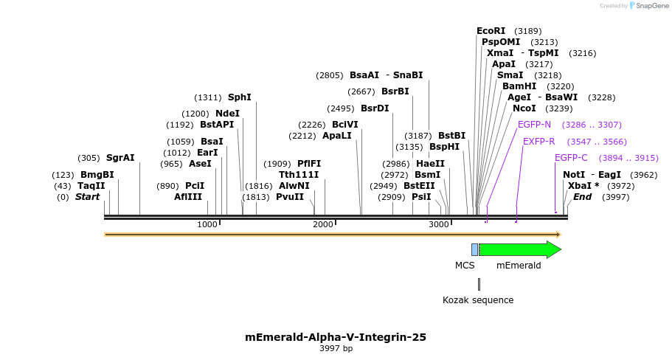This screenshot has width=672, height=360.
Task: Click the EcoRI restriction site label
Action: point(491,31)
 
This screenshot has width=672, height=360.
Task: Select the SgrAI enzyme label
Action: point(120,158)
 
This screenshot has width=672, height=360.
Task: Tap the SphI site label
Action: point(239,97)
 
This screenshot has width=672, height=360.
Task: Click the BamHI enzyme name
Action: point(519,86)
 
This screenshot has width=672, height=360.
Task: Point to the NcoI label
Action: point(524,108)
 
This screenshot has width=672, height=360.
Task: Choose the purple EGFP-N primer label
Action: point(534,125)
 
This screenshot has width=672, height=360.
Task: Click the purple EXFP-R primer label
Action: point(538,142)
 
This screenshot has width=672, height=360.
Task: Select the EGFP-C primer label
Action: point(571,158)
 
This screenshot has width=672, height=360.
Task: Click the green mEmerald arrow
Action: point(520,249)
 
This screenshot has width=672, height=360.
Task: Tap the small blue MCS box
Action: point(474,249)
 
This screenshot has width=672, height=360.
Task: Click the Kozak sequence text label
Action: point(478,300)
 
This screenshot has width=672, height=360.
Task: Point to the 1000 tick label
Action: point(207,224)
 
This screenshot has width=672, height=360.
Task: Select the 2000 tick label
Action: point(323,224)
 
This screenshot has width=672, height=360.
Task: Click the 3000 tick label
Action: point(439,224)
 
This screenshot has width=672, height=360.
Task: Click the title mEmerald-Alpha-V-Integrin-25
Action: point(336,337)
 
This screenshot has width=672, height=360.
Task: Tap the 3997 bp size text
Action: point(336,349)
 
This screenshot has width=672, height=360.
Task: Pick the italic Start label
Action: point(87,197)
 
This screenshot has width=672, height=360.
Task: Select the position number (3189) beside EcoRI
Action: point(527,31)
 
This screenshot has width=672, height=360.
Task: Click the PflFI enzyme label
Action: point(309,164)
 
